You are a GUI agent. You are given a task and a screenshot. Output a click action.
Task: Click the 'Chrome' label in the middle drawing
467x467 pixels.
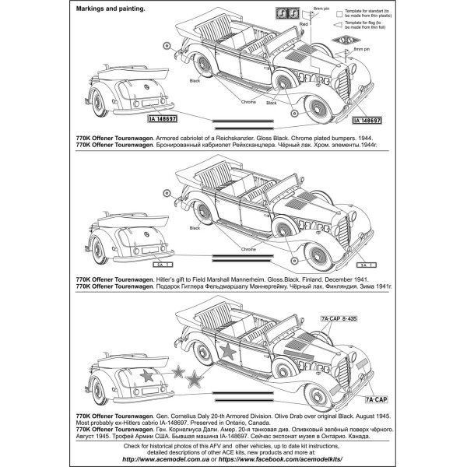tap(248, 249)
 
